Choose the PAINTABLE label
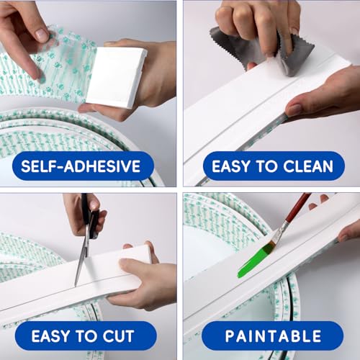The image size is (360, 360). tap(273, 336)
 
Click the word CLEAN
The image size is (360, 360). tap(308, 166)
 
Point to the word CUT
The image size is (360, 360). tap(118, 336)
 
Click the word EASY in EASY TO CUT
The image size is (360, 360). tap(50, 336)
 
